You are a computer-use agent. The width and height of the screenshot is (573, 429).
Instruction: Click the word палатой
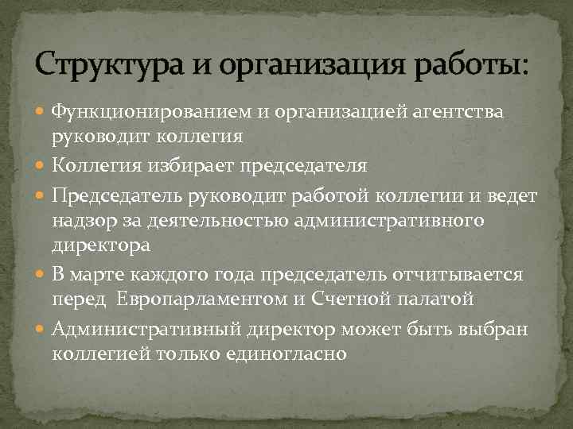[437, 300]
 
